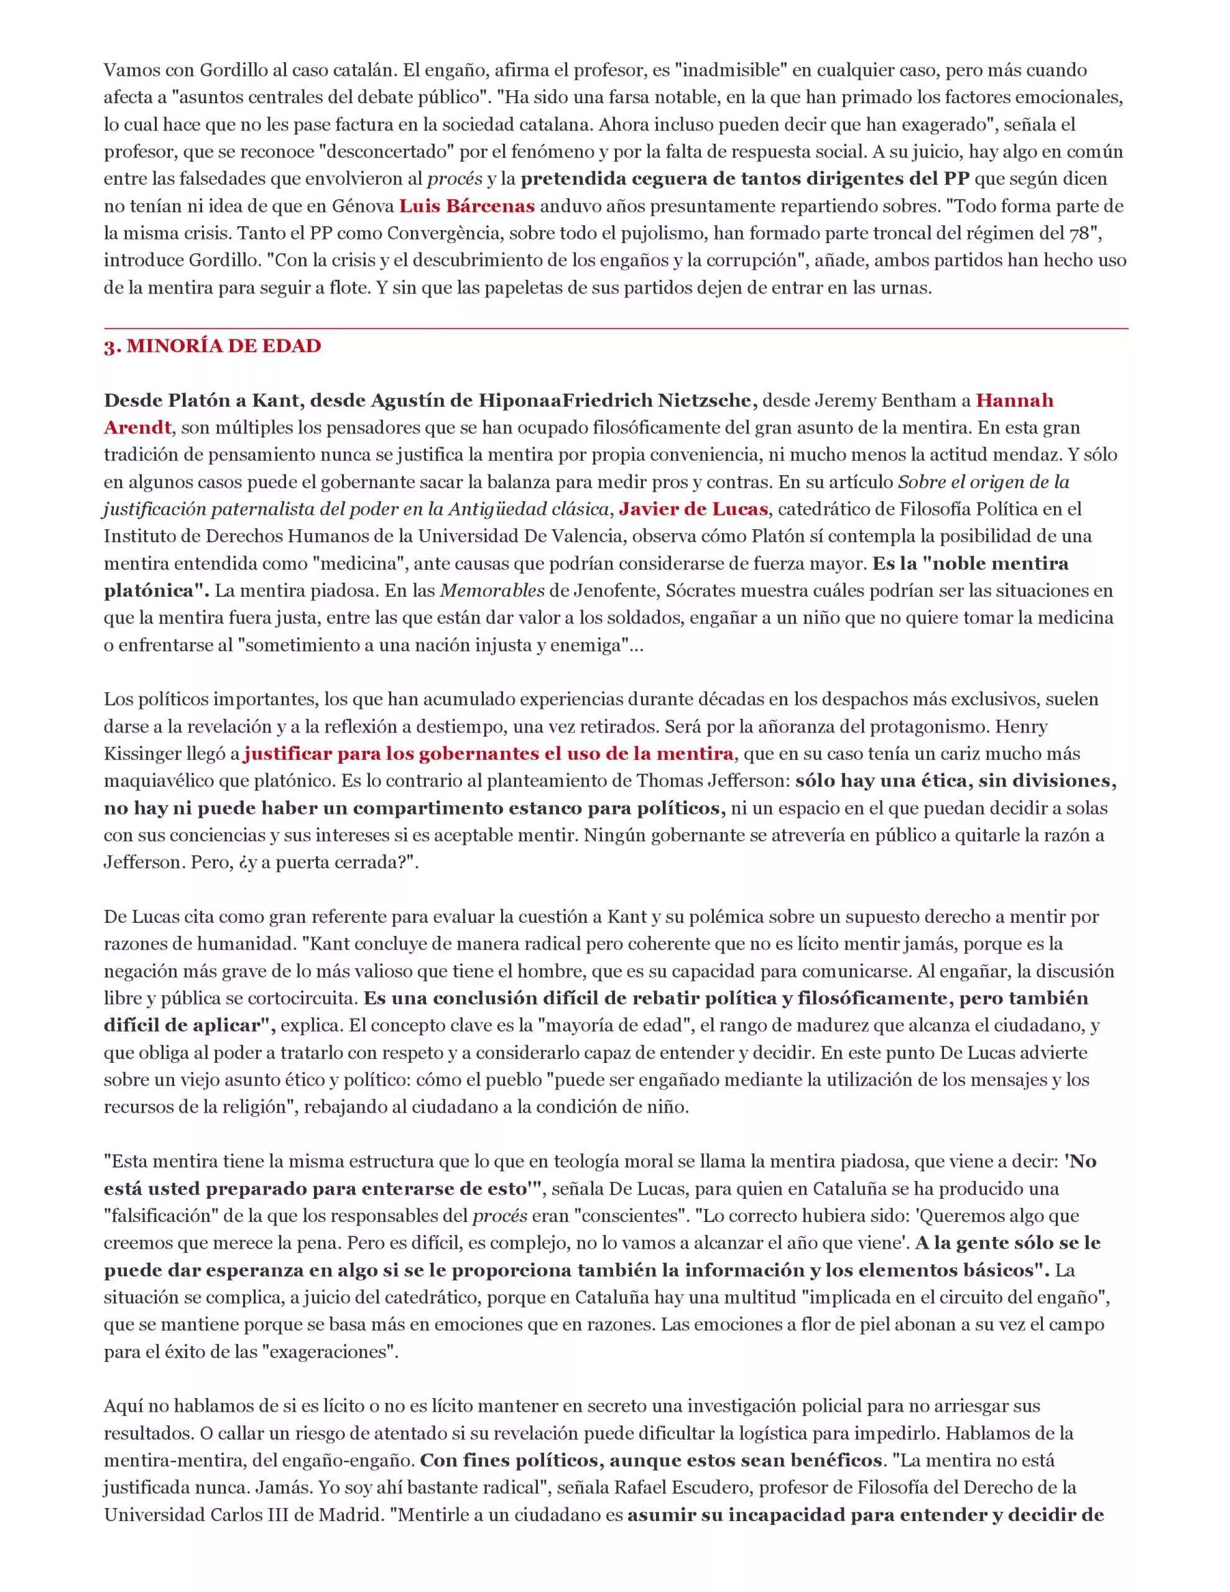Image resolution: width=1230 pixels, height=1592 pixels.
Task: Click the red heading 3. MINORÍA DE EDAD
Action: pyautogui.click(x=212, y=346)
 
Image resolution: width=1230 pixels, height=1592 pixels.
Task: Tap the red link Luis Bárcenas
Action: pyautogui.click(x=466, y=206)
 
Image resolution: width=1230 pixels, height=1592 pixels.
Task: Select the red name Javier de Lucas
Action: pyautogui.click(x=693, y=509)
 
